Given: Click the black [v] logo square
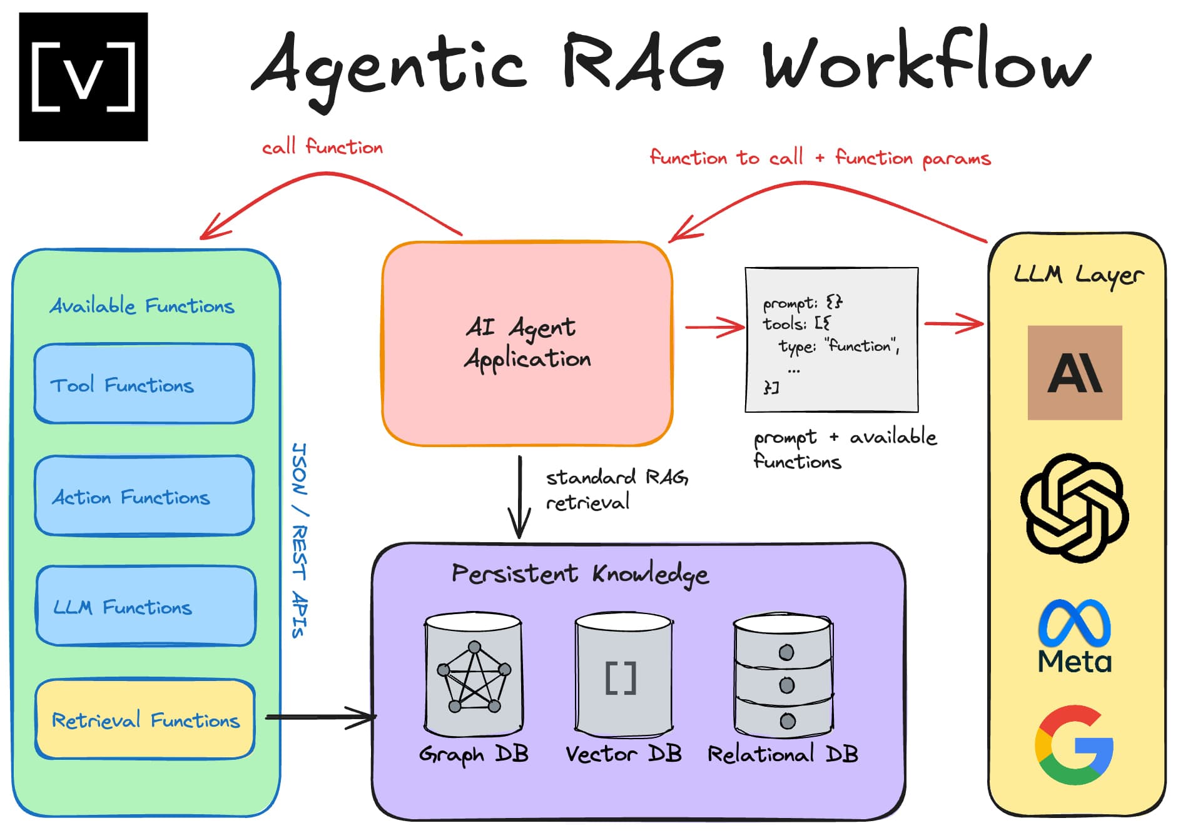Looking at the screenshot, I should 83,76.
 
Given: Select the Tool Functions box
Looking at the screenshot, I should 144,384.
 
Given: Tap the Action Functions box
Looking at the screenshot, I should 144,496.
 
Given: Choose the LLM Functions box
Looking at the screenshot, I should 145,606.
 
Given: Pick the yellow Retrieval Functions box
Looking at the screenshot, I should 145,719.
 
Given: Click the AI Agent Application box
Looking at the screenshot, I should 527,344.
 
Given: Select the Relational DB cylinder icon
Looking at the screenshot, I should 783,675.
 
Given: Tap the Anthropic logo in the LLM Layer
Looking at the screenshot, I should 1074,373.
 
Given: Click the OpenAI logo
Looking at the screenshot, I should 1074,508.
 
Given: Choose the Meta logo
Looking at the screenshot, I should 1074,636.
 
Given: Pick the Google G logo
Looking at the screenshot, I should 1074,745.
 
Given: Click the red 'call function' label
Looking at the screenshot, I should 322,148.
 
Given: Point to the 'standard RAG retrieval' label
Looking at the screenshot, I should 616,490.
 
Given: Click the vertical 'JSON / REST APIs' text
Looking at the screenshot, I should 300,540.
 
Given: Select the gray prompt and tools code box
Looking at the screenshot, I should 831,340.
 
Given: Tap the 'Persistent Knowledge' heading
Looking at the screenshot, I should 580,573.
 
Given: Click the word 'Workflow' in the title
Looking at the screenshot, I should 926,63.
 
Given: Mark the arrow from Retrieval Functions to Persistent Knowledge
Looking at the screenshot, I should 320,717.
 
